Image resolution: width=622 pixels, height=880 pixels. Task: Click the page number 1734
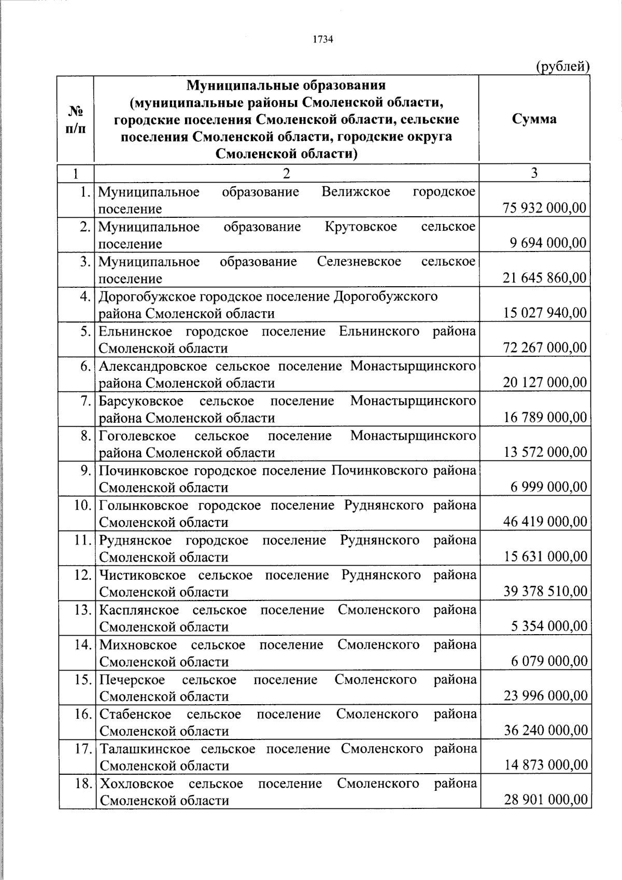click(322, 39)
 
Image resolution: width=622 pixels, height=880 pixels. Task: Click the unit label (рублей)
click(562, 66)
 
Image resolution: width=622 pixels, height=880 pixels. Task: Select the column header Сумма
click(534, 119)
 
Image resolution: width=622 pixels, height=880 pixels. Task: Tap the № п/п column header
click(76, 119)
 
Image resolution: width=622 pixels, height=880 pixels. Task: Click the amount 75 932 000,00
click(545, 208)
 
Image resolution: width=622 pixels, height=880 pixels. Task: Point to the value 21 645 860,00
click(545, 278)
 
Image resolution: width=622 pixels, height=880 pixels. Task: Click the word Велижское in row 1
click(356, 192)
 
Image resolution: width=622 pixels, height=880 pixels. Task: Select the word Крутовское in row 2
click(361, 227)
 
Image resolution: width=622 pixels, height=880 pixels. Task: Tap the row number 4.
click(86, 297)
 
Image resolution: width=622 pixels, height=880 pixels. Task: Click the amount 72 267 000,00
click(545, 347)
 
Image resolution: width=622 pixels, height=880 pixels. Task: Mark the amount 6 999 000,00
click(549, 487)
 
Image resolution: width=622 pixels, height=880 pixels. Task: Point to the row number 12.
click(83, 575)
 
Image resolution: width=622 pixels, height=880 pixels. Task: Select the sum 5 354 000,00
click(549, 626)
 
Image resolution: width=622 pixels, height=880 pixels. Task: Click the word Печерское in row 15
click(132, 679)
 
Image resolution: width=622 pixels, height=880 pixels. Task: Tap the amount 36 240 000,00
click(546, 731)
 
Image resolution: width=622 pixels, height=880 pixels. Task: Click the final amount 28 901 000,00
click(546, 800)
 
